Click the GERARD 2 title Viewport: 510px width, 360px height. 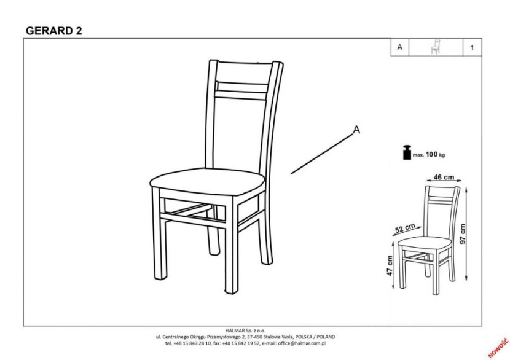pos(54,31)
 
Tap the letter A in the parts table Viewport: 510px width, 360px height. pos(400,47)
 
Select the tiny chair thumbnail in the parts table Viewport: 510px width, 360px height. pos(435,47)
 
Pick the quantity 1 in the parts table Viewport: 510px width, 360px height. pos(472,47)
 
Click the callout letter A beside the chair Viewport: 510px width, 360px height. pos(357,130)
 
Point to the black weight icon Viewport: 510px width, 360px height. pos(407,152)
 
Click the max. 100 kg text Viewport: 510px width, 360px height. pos(429,155)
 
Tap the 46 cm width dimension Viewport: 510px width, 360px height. pos(444,178)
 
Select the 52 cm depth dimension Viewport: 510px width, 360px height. pos(406,228)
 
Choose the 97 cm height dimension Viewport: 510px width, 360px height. pos(463,233)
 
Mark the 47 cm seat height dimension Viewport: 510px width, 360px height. pos(390,265)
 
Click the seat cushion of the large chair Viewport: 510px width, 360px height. pos(208,181)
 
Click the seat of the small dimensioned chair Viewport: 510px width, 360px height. pos(425,243)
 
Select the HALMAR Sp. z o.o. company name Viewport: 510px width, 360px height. pos(245,331)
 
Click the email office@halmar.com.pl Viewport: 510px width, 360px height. pos(302,343)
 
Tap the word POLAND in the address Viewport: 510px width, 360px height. pos(326,337)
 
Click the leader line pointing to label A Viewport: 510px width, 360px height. pos(322,154)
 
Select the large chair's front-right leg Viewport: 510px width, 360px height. pos(232,245)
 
